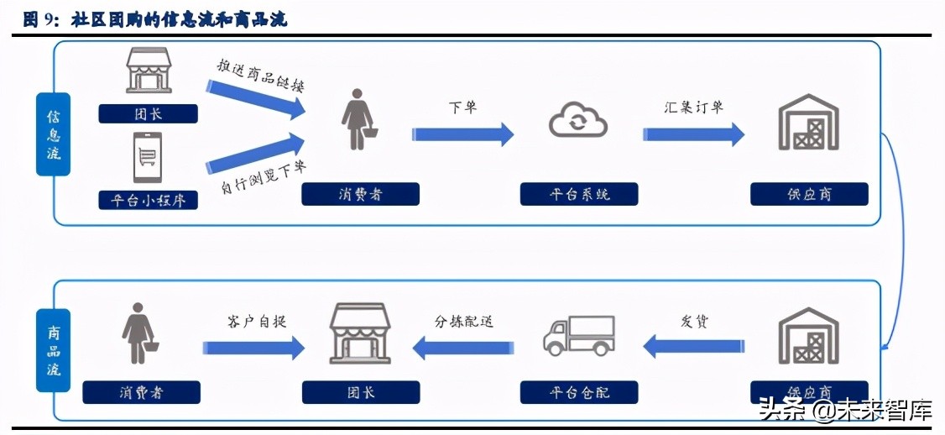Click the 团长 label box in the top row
[148, 113]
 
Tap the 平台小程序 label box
[148, 200]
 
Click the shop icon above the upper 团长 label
[148, 70]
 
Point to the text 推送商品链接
[260, 74]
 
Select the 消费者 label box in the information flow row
[360, 195]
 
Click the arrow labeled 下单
[462, 134]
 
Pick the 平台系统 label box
[579, 195]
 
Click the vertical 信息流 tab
[53, 134]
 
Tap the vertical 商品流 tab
[53, 350]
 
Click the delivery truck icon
[578, 334]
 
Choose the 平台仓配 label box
[579, 392]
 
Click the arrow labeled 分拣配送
[462, 346]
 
